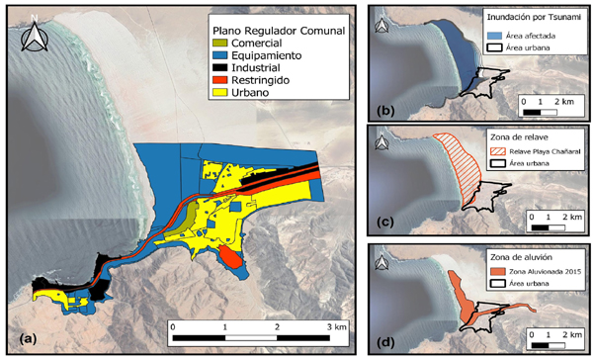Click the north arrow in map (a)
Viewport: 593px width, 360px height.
[x=37, y=37]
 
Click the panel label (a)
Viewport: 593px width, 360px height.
[x=22, y=338]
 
